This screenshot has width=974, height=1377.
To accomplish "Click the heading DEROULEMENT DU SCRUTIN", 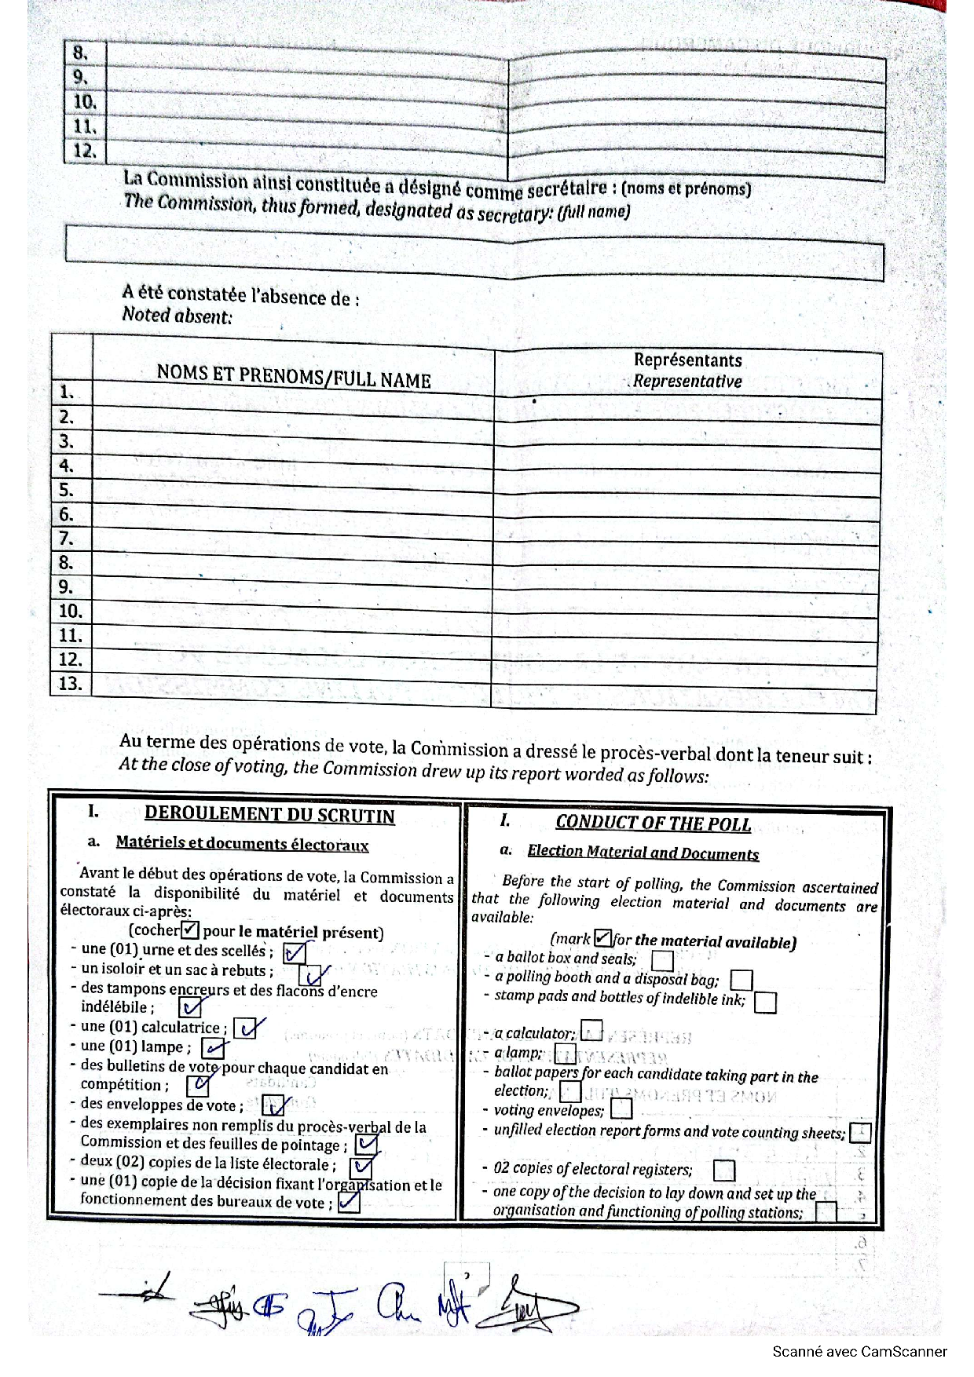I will pyautogui.click(x=269, y=815).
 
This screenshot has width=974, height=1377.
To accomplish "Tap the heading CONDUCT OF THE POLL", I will pyautogui.click(x=653, y=823).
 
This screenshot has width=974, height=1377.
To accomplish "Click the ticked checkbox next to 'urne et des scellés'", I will pyautogui.click(x=295, y=953).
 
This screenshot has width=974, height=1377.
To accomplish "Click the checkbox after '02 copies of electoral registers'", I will pyautogui.click(x=723, y=1171).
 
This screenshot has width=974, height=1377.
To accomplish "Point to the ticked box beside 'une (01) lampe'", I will pyautogui.click(x=213, y=1048).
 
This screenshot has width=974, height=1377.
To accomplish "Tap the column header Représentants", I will pyautogui.click(x=687, y=360).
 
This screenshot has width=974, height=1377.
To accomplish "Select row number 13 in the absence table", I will pyautogui.click(x=70, y=683).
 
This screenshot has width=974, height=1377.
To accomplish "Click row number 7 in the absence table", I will pyautogui.click(x=67, y=539).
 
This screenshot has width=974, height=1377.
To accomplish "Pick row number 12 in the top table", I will pyautogui.click(x=84, y=151).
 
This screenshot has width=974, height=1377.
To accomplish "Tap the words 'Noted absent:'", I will pyautogui.click(x=178, y=316).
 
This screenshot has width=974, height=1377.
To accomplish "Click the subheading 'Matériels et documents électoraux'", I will pyautogui.click(x=242, y=844).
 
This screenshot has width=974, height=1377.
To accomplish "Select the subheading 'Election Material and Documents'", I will pyautogui.click(x=643, y=853).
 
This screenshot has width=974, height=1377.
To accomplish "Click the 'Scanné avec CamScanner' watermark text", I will pyautogui.click(x=859, y=1351).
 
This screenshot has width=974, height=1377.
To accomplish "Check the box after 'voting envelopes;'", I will pyautogui.click(x=621, y=1109).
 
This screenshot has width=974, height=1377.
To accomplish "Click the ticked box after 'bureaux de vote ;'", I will pyautogui.click(x=349, y=1202).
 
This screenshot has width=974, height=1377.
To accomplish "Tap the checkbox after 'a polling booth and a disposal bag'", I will pyautogui.click(x=741, y=980).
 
